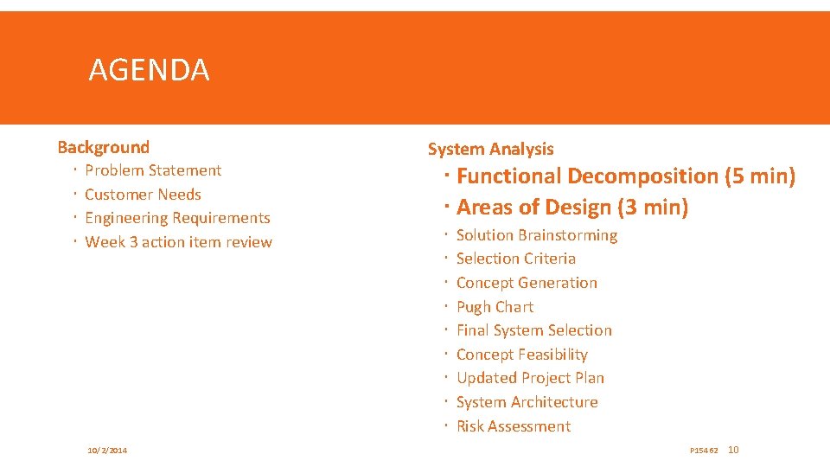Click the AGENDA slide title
click(149, 70)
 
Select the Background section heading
click(103, 147)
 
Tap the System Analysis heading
click(490, 149)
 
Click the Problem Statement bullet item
click(153, 170)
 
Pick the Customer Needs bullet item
click(143, 195)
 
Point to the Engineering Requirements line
click(177, 218)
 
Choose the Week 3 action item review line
click(178, 242)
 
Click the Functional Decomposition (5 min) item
click(625, 176)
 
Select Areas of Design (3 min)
click(571, 208)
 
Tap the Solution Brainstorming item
click(536, 235)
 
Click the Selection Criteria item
click(515, 259)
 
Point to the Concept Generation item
click(527, 283)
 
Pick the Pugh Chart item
click(495, 307)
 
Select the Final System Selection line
click(533, 330)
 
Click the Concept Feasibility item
click(521, 355)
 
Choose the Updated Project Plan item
click(530, 378)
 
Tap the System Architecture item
click(527, 402)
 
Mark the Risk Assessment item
click(513, 426)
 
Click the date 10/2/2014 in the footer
click(107, 451)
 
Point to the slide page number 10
click(734, 450)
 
